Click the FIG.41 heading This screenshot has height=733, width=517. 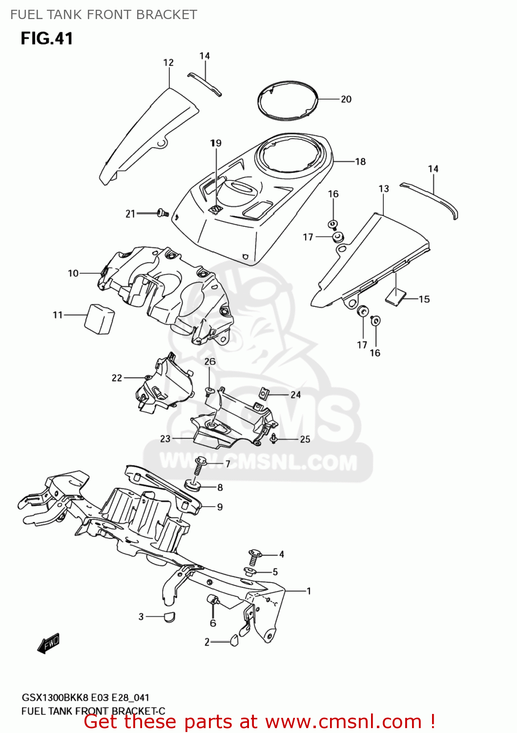pyautogui.click(x=47, y=39)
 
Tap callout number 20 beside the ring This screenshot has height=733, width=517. pyautogui.click(x=346, y=99)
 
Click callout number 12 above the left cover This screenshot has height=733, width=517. pyautogui.click(x=168, y=63)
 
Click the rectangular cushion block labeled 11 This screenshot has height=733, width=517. pyautogui.click(x=100, y=319)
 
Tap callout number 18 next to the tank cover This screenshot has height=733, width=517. pyautogui.click(x=360, y=161)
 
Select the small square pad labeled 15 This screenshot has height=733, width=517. pyautogui.click(x=395, y=296)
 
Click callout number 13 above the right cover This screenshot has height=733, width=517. pyautogui.click(x=384, y=189)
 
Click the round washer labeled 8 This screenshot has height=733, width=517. pyautogui.click(x=193, y=486)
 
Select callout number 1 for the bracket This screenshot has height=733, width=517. pyautogui.click(x=309, y=591)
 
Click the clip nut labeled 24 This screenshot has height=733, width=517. pyautogui.click(x=264, y=393)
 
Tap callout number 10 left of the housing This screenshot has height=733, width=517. pyautogui.click(x=73, y=273)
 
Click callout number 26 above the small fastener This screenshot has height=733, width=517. pyautogui.click(x=210, y=362)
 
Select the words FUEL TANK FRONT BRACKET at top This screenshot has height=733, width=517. pyautogui.click(x=103, y=15)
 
